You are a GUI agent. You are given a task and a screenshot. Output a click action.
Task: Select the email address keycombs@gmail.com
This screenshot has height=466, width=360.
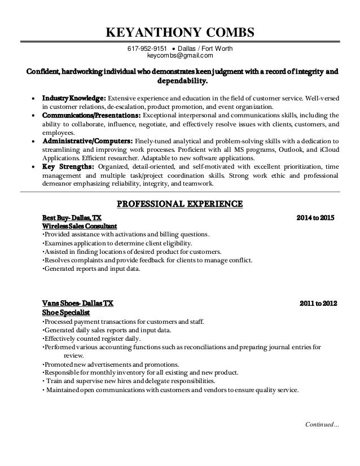point(180,56)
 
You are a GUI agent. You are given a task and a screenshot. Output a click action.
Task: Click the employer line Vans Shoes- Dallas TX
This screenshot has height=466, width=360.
point(78,303)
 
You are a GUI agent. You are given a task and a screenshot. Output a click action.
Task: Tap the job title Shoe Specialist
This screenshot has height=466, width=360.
point(62,311)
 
